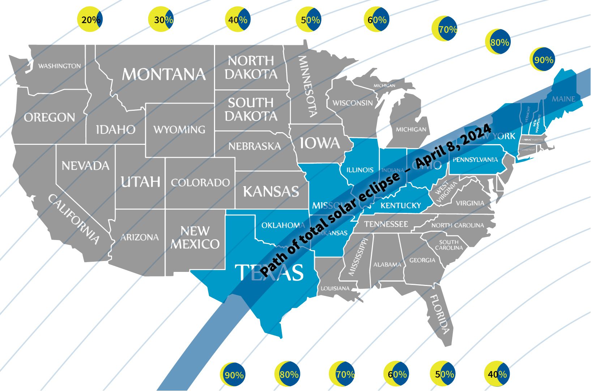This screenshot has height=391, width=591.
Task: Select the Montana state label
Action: (164, 74)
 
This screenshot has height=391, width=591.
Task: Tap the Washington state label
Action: (60, 66)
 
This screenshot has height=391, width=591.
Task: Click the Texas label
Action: (269, 272)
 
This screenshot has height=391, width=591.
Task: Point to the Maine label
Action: (563, 99)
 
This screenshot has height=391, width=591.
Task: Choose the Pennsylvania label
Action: (475, 160)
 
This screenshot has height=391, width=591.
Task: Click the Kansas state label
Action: (271, 191)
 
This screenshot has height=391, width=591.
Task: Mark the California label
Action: (74, 219)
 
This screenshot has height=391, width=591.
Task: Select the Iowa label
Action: (320, 143)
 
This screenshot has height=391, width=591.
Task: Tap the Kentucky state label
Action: (401, 206)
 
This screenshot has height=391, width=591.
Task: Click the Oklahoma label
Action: (283, 225)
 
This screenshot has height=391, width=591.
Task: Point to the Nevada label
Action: (85, 166)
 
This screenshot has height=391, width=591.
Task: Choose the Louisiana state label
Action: (335, 289)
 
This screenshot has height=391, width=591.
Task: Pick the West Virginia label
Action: (446, 192)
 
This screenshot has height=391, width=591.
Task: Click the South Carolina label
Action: (449, 245)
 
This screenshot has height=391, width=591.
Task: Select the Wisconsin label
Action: (352, 103)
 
